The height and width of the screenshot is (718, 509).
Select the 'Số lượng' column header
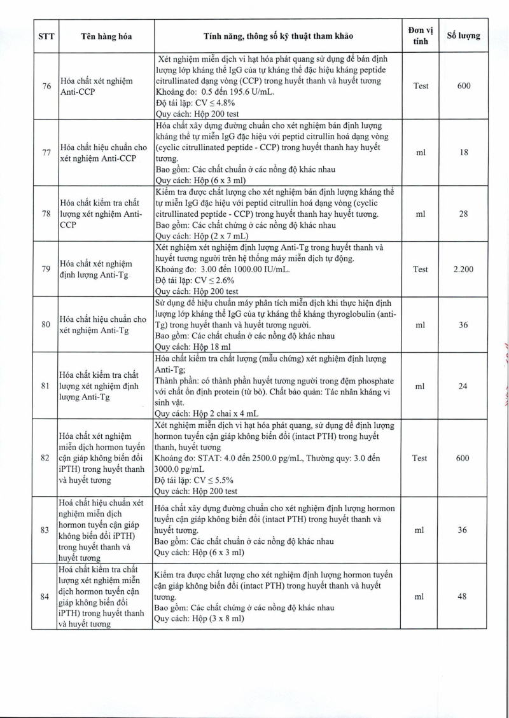tap(463, 36)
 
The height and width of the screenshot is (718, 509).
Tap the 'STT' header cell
tap(45, 36)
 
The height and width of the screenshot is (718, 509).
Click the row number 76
tap(45, 86)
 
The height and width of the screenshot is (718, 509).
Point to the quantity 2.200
tap(463, 269)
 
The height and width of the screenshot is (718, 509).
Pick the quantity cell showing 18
tap(463, 153)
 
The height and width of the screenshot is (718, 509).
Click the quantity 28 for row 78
tap(463, 214)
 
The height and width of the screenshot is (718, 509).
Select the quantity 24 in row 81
tap(463, 385)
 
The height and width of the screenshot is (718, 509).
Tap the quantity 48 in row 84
tap(463, 597)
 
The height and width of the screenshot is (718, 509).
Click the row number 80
tap(45, 324)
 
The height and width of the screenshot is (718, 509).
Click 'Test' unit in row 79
tap(421, 269)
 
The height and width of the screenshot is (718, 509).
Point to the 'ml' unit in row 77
tap(421, 153)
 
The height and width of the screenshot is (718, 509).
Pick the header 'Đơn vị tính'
tap(421, 36)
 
